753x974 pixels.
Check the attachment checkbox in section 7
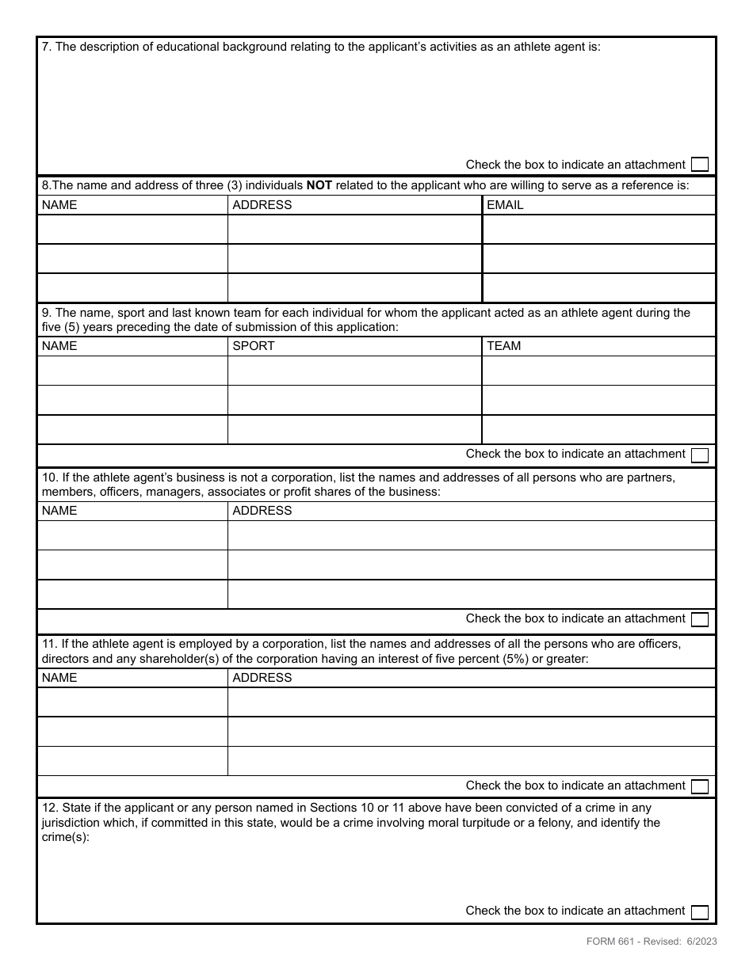coord(699,165)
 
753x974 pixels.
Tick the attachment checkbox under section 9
coord(699,455)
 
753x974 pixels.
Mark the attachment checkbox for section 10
coord(699,619)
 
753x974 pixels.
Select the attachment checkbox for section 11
coord(699,786)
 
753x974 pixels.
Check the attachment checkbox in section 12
coord(699,911)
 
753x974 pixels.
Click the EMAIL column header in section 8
coord(505,205)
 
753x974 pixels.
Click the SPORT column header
coord(254,346)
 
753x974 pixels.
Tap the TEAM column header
coord(503,346)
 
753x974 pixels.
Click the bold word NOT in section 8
coord(319,185)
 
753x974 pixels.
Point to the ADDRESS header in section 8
coord(262,205)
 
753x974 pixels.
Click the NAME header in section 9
coord(59,346)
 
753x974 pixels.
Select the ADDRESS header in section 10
coord(262,511)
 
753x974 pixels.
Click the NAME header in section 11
coord(59,678)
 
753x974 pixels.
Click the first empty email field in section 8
coord(598,230)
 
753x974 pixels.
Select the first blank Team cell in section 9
coord(598,371)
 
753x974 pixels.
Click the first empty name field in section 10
coord(132,535)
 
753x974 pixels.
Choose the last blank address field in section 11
coord(472,761)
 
